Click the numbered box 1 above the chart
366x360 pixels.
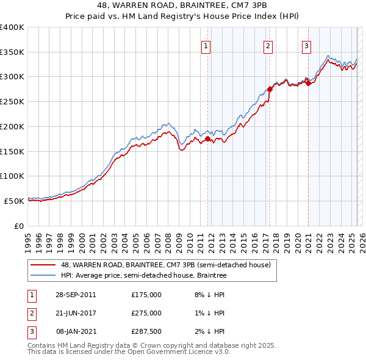coord(206,45)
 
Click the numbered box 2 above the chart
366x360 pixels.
coord(268,45)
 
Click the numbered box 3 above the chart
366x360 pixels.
coord(306,45)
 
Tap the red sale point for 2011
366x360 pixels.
coord(207,139)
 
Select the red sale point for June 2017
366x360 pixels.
coord(270,89)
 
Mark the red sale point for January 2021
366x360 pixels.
coord(308,84)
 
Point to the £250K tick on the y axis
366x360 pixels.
coord(12,102)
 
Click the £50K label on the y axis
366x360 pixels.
coord(13,201)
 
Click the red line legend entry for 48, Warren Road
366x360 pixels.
coord(169,264)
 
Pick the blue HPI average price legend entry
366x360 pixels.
coord(143,276)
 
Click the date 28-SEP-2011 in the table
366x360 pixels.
coord(75,294)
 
